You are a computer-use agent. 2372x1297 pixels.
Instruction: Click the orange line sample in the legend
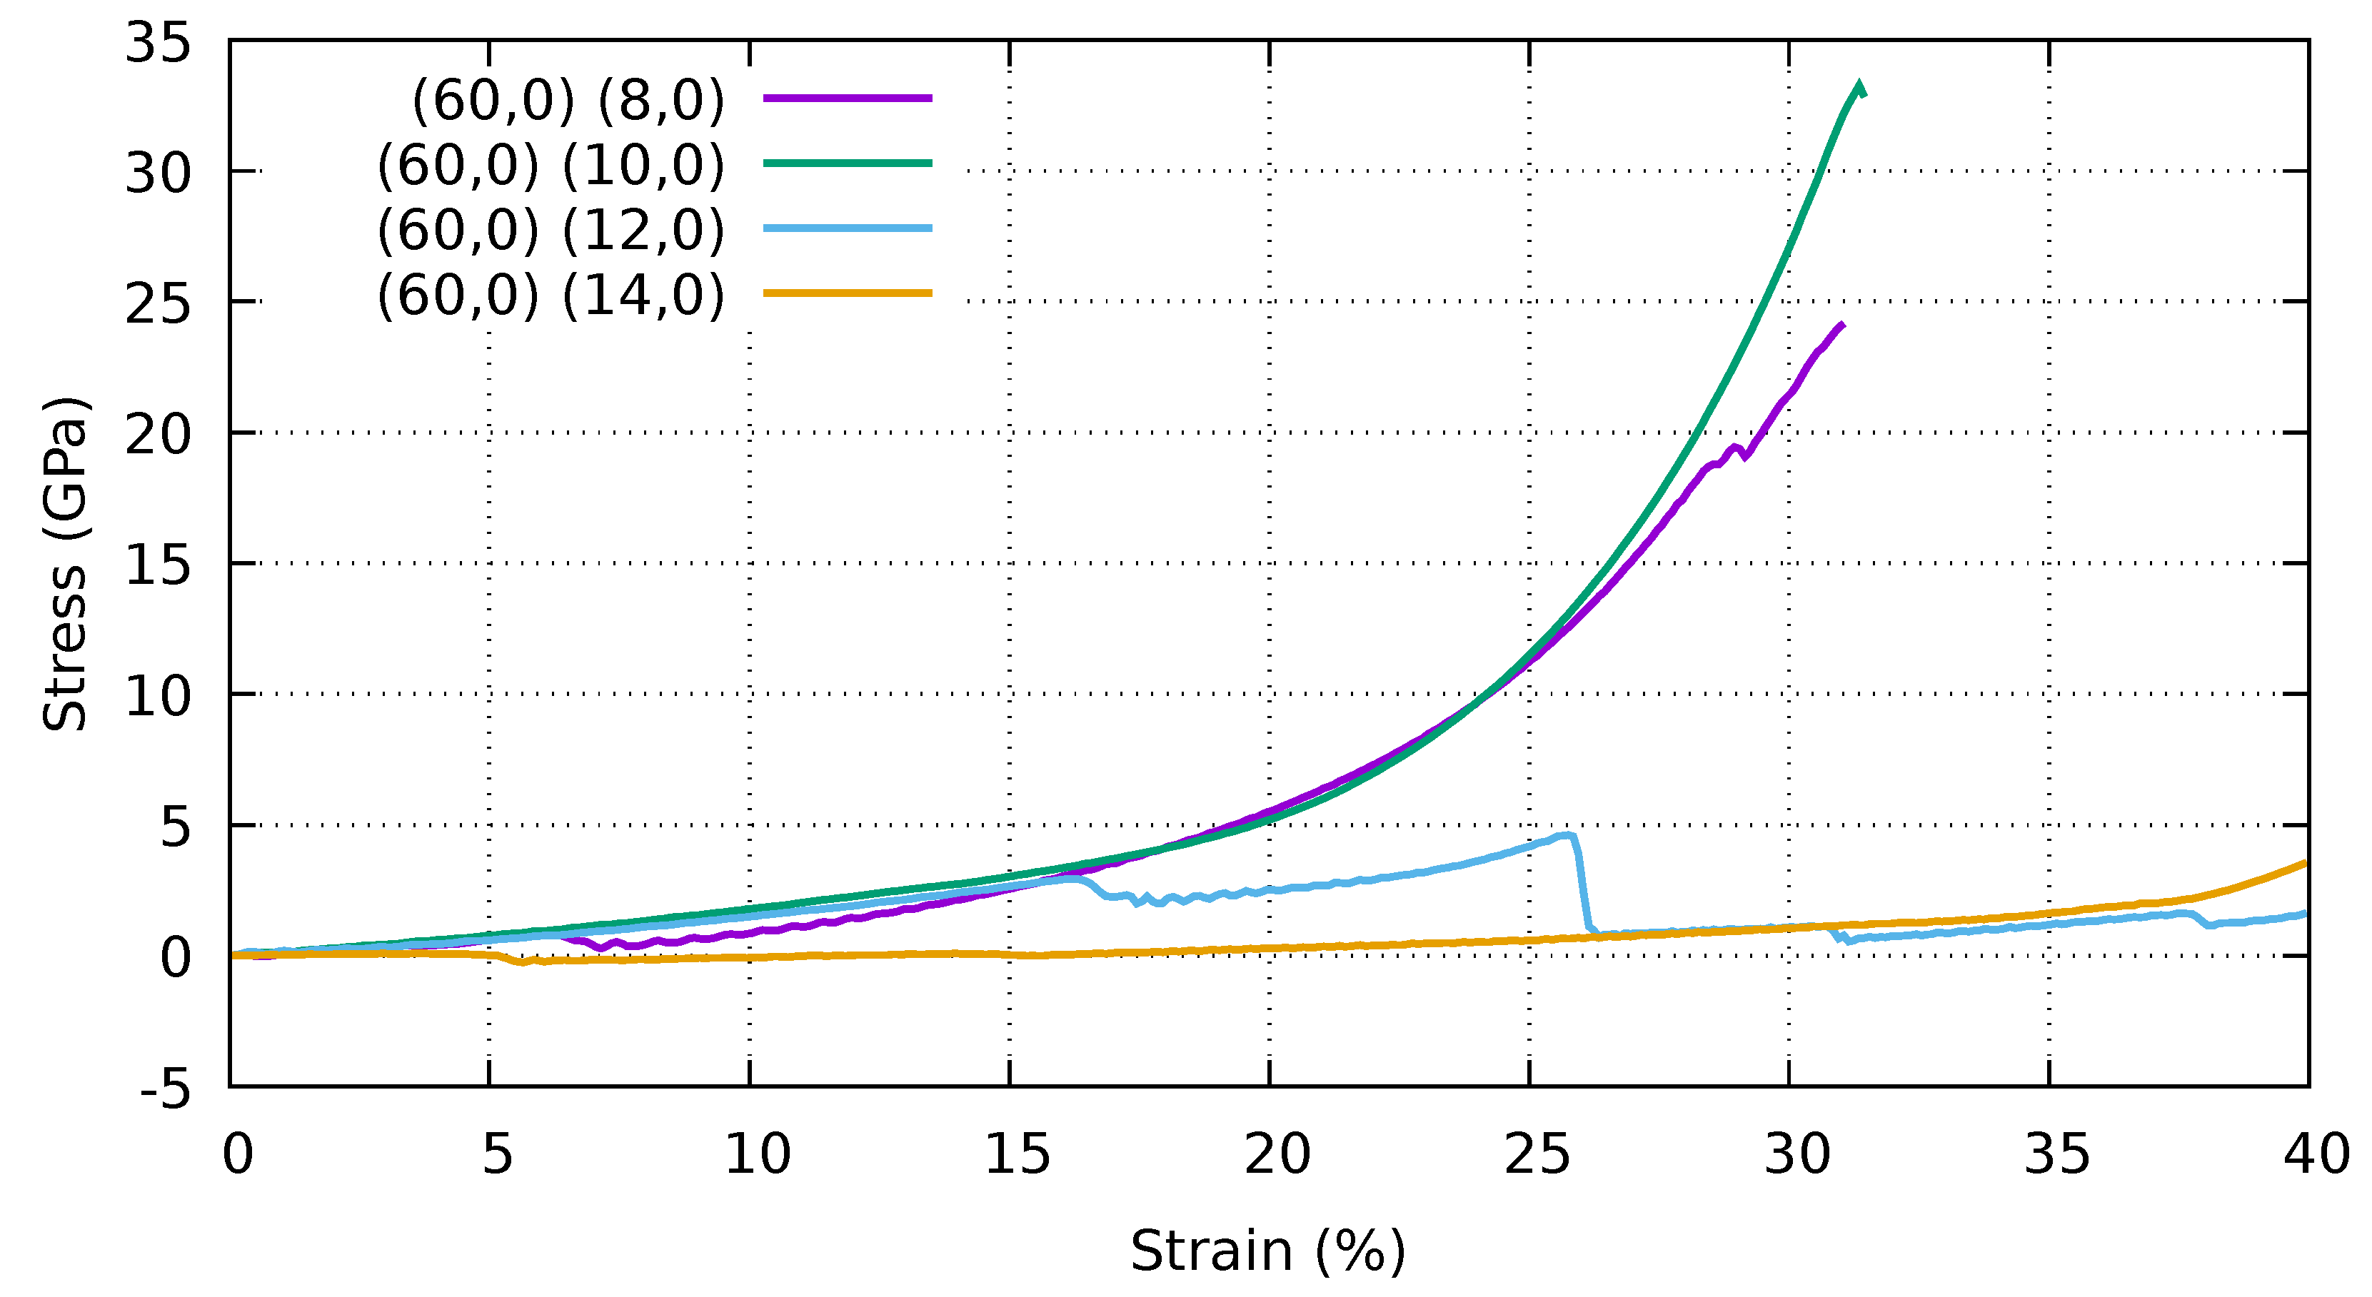pos(847,293)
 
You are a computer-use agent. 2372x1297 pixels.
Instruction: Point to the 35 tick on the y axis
pos(158,42)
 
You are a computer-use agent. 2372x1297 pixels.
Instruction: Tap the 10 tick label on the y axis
pos(158,696)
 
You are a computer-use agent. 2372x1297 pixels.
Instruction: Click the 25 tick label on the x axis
pos(1537,1154)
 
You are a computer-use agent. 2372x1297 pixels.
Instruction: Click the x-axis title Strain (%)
pos(1268,1250)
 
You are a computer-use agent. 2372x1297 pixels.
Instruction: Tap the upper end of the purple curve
pos(1842,324)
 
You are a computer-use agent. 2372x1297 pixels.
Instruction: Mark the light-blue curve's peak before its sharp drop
pos(1567,835)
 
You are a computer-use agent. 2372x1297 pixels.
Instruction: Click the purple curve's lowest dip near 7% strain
pos(601,947)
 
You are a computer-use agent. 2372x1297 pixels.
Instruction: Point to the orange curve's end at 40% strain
pos(2306,862)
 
